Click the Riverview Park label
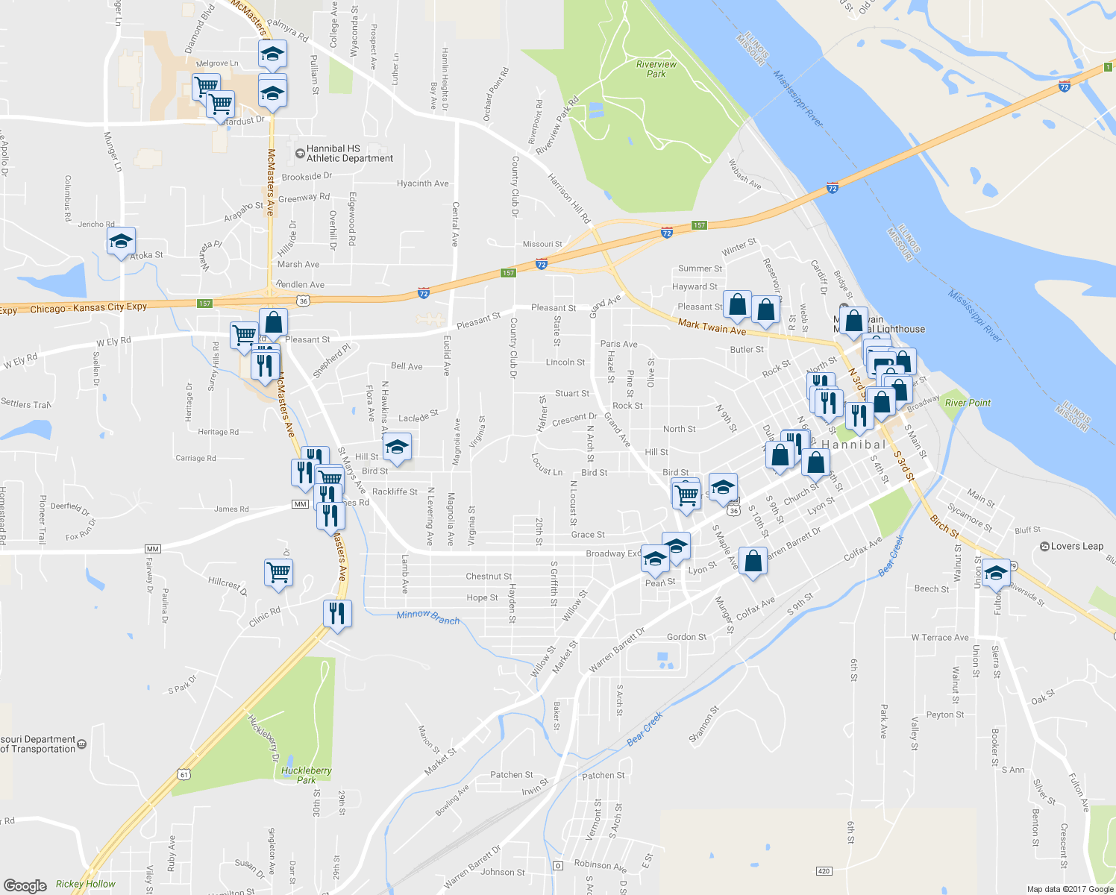[656, 69]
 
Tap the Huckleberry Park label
[306, 775]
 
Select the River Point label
[968, 403]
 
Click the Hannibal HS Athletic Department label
[349, 154]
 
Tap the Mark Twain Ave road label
[712, 326]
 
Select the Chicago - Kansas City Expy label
[89, 308]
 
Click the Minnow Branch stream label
[428, 617]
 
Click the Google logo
[25, 885]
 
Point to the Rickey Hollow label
[86, 884]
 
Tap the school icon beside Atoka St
[121, 241]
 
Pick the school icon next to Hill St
[397, 447]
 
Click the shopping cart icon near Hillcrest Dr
[278, 573]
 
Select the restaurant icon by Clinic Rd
[337, 613]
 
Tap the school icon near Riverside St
[996, 573]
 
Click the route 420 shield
[824, 871]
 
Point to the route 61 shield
[184, 775]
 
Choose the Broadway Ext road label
[613, 553]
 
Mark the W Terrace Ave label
[940, 638]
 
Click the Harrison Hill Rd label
[568, 199]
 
